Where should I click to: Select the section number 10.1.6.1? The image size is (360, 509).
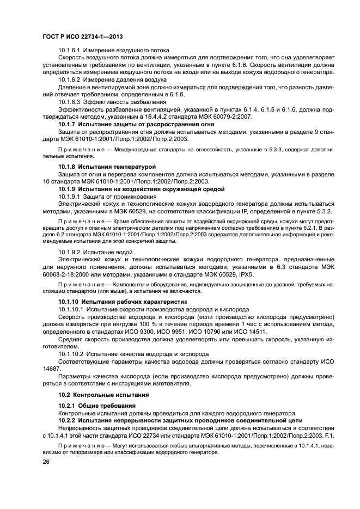coord(69,51)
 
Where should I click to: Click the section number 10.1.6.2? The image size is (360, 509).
coord(69,79)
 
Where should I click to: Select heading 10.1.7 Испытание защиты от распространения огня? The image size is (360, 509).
coord(136,124)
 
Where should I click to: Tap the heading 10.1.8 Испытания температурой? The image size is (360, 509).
coord(107,166)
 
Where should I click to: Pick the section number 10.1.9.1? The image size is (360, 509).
coord(69,195)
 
